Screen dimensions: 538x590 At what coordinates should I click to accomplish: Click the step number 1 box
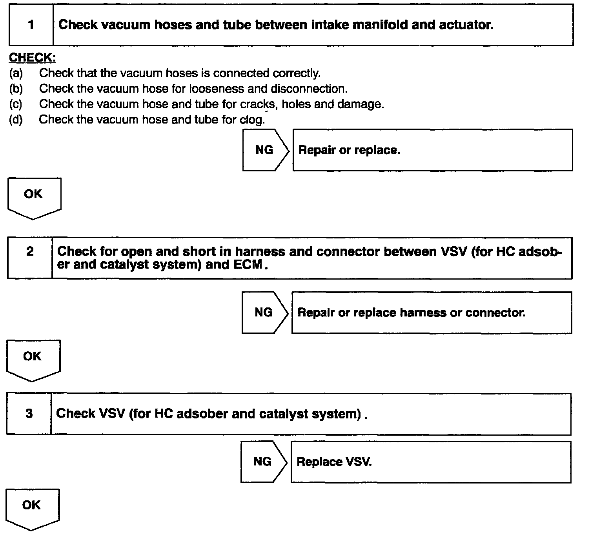click(31, 25)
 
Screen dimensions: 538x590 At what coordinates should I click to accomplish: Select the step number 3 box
click(29, 414)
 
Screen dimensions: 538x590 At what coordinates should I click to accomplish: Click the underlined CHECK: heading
click(33, 58)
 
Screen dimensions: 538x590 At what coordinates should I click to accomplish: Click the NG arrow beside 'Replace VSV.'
click(263, 462)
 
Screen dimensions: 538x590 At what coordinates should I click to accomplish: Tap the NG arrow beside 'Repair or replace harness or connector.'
click(264, 312)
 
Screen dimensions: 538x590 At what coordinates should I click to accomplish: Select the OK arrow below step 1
click(34, 197)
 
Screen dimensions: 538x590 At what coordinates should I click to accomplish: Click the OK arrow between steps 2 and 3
click(33, 359)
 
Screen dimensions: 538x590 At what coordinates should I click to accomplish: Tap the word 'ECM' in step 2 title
click(248, 265)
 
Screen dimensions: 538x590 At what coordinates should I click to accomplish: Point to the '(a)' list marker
click(16, 73)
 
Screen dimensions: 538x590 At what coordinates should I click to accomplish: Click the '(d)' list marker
click(16, 119)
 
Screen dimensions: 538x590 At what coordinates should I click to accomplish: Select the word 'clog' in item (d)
click(251, 119)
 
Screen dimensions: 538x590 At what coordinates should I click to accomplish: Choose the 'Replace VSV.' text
click(334, 462)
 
